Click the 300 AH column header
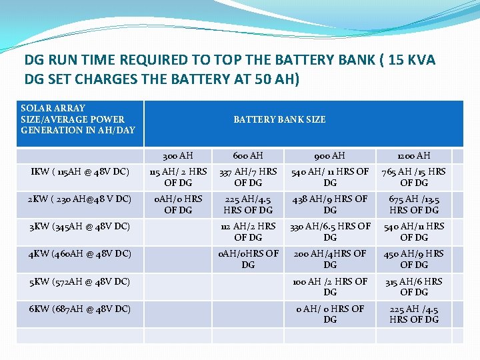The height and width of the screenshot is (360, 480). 178,155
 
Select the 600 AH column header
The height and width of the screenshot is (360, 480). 248,155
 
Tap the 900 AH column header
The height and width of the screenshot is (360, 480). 330,155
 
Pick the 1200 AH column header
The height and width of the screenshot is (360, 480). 414,155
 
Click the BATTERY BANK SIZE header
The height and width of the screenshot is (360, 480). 279,119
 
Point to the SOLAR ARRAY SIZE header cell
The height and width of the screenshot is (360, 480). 78,119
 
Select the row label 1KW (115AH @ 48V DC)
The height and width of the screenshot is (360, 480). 81,172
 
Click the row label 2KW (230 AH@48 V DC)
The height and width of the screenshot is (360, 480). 79,199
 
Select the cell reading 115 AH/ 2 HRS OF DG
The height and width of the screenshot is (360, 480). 178,177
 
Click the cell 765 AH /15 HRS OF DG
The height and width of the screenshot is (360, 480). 414,177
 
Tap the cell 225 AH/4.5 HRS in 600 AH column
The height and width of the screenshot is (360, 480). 248,204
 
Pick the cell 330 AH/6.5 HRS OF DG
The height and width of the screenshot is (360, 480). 330,231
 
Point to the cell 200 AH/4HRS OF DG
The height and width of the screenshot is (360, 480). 330,259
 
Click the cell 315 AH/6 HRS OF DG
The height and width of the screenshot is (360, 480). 414,286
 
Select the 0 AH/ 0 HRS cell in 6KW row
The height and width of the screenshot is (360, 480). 330,313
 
